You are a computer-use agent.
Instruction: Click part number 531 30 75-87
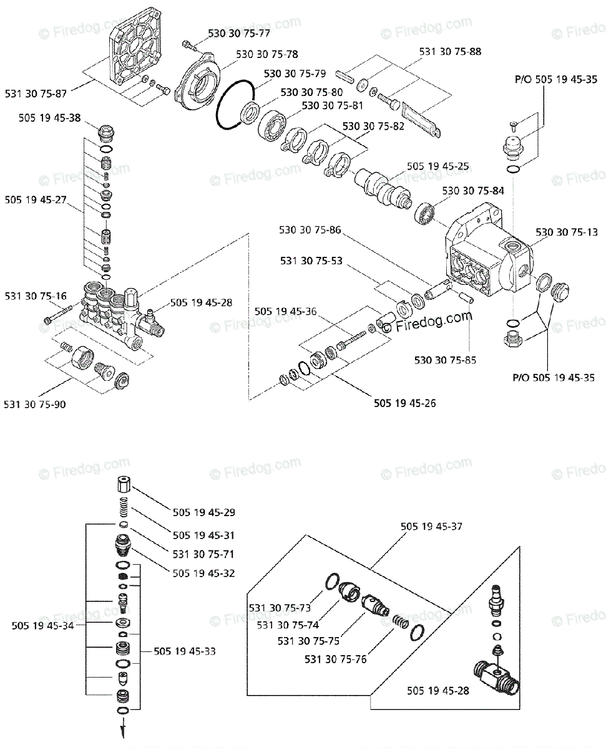coord(35,93)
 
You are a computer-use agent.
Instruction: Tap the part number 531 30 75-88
coord(450,52)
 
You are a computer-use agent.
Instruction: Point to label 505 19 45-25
coord(438,166)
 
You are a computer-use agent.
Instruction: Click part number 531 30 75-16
coord(36,296)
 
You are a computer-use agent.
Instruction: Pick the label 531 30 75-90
coord(35,404)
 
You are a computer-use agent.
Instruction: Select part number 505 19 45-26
coord(405,403)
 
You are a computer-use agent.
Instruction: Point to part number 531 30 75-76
coord(335,658)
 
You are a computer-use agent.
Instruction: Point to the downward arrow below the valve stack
coord(124,729)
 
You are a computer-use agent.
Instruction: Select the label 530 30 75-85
coord(445,360)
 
